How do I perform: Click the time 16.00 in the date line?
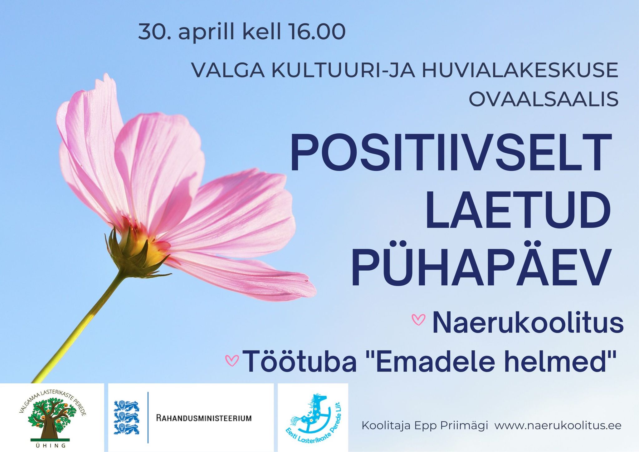point(317,32)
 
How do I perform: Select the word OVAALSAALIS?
point(544,100)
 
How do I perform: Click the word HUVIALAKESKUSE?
point(520,71)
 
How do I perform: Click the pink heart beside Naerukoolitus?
point(418,320)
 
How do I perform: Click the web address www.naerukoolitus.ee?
point(558,425)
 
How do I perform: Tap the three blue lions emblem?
point(126,418)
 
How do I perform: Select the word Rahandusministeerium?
point(204,418)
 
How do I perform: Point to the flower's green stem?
point(78,328)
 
